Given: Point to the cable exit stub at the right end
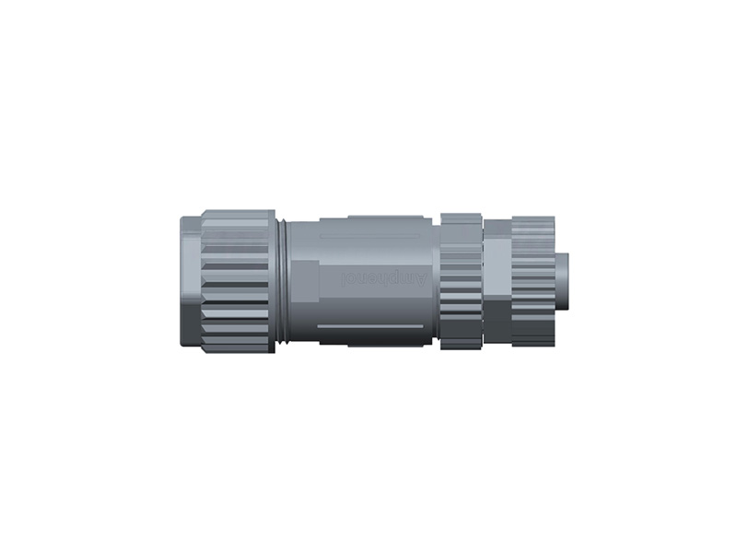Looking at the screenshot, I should [562, 281].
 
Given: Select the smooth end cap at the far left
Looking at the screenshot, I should [190, 280].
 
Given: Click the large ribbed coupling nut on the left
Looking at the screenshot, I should [237, 281].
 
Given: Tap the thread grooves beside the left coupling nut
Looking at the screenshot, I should [282, 281].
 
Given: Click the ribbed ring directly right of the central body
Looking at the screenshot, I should [461, 281].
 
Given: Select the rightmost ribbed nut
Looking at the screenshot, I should [532, 281].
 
